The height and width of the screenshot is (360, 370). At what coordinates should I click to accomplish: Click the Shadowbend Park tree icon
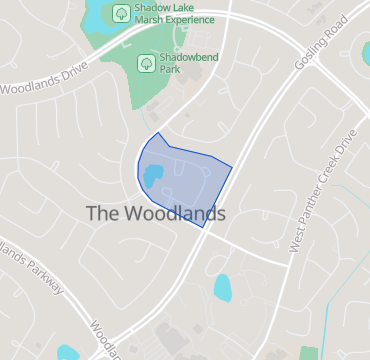(144, 62)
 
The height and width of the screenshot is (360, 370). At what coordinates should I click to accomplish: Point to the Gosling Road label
(312, 48)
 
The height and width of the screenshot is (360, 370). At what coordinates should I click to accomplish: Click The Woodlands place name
(155, 214)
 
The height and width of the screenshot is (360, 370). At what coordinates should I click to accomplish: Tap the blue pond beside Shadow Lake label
(97, 17)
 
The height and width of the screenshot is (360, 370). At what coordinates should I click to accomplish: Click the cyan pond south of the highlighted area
(222, 288)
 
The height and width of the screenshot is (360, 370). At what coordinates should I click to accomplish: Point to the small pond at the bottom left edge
(68, 352)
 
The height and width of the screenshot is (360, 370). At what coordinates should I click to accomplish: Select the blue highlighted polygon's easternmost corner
(232, 167)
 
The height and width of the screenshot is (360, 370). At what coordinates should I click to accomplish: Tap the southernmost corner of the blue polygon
(205, 227)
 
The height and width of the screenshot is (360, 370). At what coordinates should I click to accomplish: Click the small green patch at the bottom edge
(308, 353)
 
